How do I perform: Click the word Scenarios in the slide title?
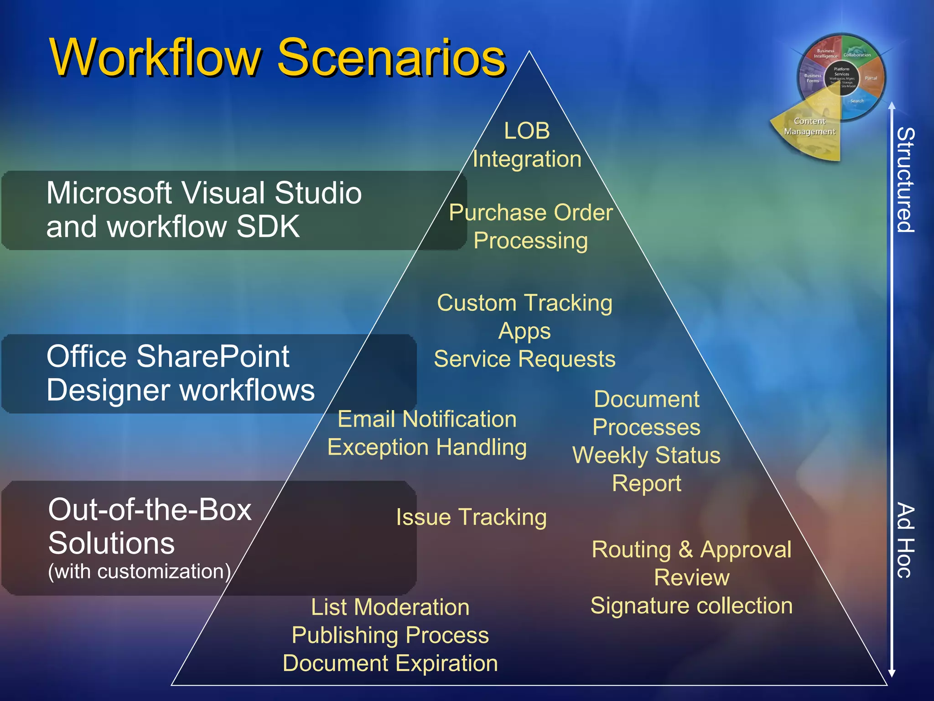[x=391, y=58]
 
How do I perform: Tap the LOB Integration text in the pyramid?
[x=527, y=145]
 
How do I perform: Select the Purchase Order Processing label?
[x=530, y=226]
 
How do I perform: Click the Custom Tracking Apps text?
[x=524, y=316]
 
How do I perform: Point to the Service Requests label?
[x=524, y=359]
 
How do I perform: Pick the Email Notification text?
[x=427, y=419]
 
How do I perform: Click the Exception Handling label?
[x=427, y=447]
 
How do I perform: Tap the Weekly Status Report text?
[x=646, y=469]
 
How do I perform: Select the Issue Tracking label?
[x=471, y=517]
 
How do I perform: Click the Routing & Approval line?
[x=691, y=549]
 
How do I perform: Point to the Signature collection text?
[x=691, y=606]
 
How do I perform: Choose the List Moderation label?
[x=390, y=607]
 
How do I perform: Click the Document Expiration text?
[x=390, y=663]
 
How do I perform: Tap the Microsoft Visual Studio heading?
[x=204, y=193]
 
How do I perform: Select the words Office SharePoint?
[x=168, y=356]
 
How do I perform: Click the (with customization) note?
[x=139, y=571]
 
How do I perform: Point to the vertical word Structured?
[x=905, y=180]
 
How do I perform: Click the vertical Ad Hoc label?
[x=905, y=540]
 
